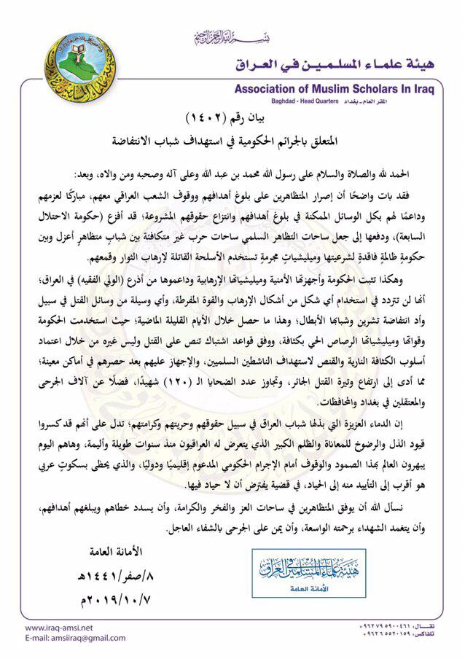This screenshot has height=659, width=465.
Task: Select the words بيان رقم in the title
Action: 258,118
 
